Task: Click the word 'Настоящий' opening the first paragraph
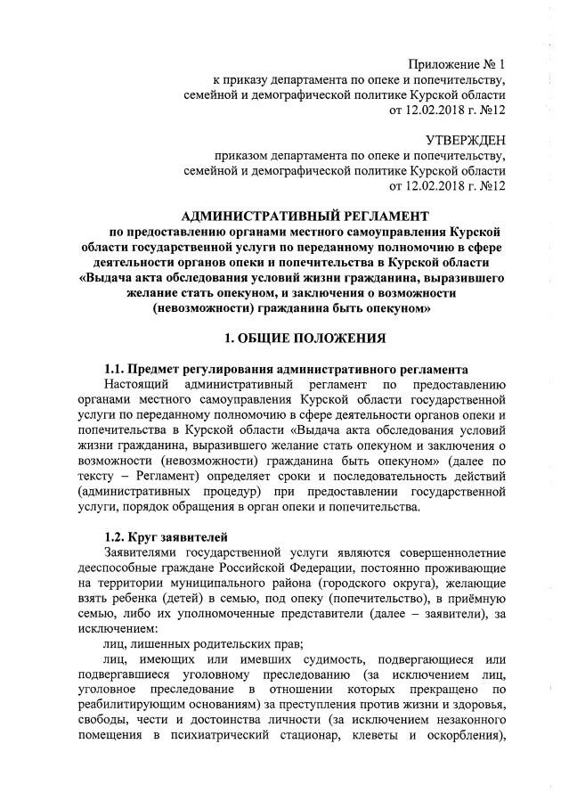click(134, 385)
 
